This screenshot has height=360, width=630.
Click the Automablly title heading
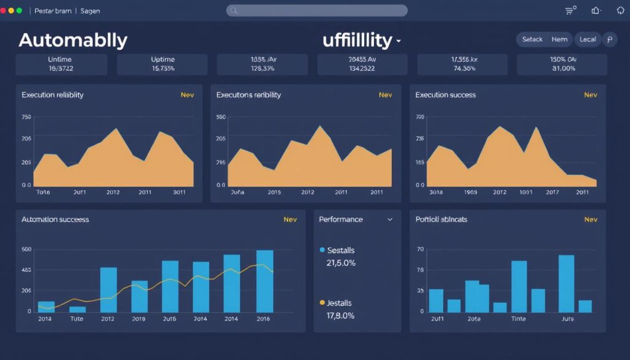click(73, 40)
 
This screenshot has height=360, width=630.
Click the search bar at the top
click(317, 10)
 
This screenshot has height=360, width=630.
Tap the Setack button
click(532, 39)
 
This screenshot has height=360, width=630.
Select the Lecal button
click(588, 39)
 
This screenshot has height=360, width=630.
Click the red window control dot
click(3, 11)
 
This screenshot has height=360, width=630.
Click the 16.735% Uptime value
click(162, 69)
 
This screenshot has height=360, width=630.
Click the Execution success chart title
click(445, 95)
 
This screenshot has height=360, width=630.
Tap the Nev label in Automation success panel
click(290, 220)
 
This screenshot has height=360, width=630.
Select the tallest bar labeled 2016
click(265, 281)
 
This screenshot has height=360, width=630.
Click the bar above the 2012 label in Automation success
click(108, 289)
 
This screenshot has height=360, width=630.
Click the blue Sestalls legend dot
click(322, 250)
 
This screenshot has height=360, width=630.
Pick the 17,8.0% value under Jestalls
click(341, 316)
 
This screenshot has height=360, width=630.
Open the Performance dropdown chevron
click(389, 220)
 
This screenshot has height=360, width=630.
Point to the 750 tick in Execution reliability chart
click(26, 117)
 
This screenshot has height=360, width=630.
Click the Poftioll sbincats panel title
click(441, 219)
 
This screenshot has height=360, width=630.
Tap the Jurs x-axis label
click(567, 319)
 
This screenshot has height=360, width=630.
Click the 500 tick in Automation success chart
click(26, 249)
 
